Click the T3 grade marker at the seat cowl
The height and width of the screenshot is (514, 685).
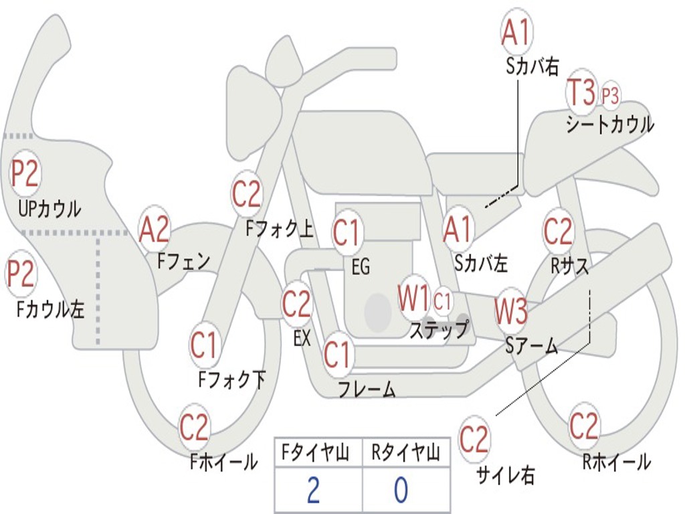[581, 91]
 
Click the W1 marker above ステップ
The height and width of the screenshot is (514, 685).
[413, 298]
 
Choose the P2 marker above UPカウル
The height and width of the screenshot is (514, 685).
[25, 173]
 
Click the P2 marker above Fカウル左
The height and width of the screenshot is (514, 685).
[21, 273]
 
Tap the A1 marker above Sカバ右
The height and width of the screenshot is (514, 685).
[516, 32]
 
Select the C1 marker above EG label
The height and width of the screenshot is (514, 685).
[347, 232]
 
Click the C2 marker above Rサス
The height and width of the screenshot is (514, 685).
[558, 231]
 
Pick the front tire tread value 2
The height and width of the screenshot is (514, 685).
[313, 490]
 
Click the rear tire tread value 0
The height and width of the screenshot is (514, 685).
[401, 490]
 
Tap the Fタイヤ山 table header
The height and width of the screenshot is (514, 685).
[315, 452]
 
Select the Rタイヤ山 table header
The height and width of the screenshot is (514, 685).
[405, 452]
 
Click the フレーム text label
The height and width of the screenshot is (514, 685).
[367, 389]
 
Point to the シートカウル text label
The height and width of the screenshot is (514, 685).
[610, 124]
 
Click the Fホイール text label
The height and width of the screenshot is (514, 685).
[223, 462]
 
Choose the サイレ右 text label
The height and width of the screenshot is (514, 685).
[506, 475]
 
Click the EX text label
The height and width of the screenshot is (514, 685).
[302, 338]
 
